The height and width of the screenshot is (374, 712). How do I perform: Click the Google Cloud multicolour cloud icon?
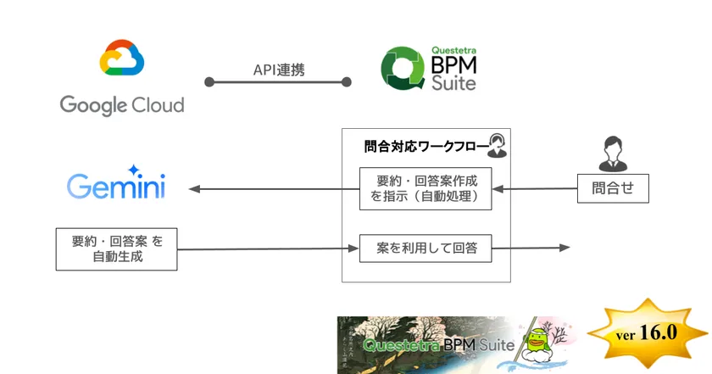pos(122,59)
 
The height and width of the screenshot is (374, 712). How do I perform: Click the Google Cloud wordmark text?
pos(122,105)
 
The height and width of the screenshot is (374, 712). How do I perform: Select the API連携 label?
pos(279,70)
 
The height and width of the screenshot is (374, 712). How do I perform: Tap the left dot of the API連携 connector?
pos(209,82)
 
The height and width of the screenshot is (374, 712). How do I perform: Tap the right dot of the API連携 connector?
pos(346,82)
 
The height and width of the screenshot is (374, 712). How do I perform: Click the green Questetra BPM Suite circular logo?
pos(400,69)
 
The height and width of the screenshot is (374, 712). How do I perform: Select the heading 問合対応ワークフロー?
pos(424,146)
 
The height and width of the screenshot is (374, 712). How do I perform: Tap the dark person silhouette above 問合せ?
pos(612,154)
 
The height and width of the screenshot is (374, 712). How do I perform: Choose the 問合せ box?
pos(613,188)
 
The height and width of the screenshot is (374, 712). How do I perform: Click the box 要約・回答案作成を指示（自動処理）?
pos(425,188)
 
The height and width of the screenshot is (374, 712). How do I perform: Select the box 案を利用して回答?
pos(425,248)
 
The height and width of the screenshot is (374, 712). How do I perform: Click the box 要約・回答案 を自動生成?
pos(116,248)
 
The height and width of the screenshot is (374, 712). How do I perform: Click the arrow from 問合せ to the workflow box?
pos(534,188)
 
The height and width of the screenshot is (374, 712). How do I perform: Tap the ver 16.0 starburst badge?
pos(648,332)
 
